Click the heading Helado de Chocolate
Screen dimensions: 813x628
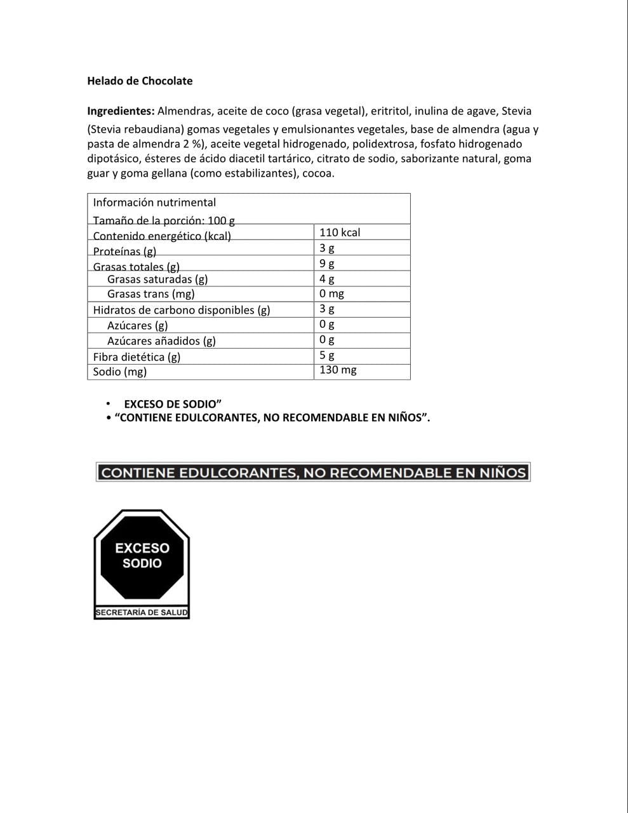click(x=140, y=81)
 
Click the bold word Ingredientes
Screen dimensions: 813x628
click(x=121, y=111)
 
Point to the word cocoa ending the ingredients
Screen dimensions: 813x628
click(x=317, y=173)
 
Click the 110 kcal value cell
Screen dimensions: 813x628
click(x=340, y=232)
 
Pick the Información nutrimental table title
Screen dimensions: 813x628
click(x=154, y=203)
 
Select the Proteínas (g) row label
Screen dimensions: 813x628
click(x=124, y=251)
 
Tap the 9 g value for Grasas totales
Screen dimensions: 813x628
click(x=327, y=263)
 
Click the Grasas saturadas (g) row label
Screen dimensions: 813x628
click(x=157, y=279)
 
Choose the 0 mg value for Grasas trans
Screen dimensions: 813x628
click(x=331, y=293)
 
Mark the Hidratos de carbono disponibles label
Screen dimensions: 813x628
click(x=182, y=310)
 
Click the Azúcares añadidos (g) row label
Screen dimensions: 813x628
click(x=161, y=341)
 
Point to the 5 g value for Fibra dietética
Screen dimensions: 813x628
click(x=327, y=356)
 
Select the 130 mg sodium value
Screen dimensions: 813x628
click(x=338, y=370)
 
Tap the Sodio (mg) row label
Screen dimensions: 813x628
click(x=120, y=372)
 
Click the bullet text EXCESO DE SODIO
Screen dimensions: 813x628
click(x=172, y=404)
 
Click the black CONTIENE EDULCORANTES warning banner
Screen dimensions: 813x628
click(x=313, y=473)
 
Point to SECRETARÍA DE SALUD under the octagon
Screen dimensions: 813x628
click(x=142, y=613)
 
